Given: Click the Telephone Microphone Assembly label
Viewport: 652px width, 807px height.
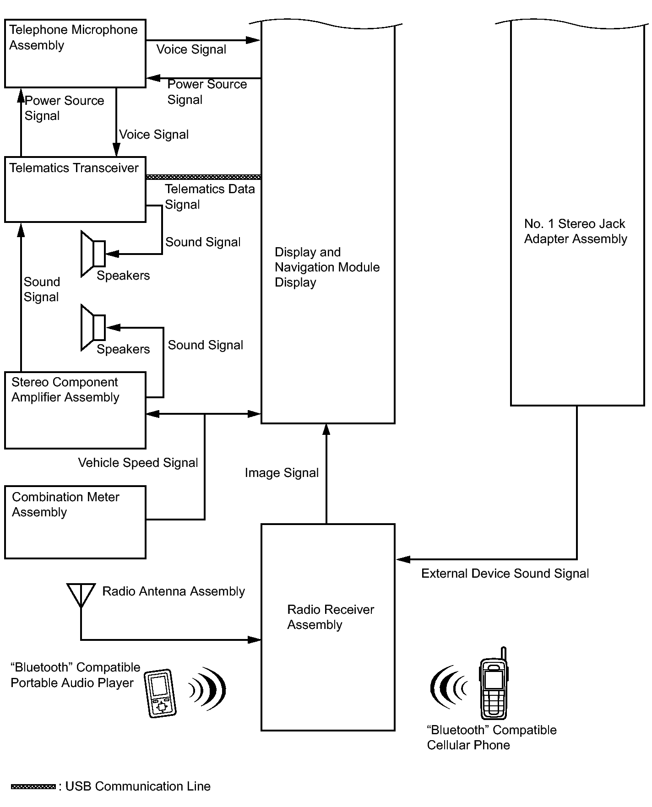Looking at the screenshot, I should point(73,38).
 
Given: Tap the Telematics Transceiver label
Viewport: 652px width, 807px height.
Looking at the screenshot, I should point(74,168).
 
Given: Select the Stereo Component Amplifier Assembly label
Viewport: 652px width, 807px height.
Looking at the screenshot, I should point(65,390).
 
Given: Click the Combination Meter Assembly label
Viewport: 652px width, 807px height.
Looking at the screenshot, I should point(65,504).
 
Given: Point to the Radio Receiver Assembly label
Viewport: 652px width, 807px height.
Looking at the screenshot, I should point(330,617).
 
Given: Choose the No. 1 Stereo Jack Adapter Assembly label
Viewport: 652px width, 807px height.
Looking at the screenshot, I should point(576,231).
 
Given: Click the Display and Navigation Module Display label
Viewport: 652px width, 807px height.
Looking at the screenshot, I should point(327,267).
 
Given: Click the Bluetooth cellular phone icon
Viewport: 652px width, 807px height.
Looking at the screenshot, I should point(493,684).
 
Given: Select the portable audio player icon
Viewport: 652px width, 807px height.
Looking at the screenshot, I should point(160,693).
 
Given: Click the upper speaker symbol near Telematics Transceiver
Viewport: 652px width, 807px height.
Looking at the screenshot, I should point(93,254).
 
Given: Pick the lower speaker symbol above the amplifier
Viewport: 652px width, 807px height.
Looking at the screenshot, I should point(93,327).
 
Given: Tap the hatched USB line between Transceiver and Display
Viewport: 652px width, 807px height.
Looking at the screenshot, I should point(203,177).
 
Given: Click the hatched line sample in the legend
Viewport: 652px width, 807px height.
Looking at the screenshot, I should point(33,786).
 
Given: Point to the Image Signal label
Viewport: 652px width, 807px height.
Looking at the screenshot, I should point(282,473).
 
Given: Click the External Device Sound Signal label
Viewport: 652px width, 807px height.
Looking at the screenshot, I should point(505,574).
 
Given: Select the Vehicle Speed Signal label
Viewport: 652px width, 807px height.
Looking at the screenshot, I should point(138,463).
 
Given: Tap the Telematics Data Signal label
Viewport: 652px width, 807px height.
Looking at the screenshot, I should point(209,196).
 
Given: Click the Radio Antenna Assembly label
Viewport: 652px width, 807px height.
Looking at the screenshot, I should point(174,591).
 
